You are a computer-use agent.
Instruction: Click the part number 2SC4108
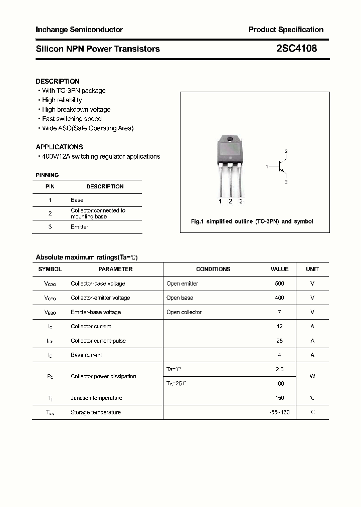point(296,49)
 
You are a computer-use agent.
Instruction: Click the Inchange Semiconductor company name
point(79,30)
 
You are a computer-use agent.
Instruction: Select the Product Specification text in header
point(286,30)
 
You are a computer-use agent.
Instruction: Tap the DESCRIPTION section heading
point(58,81)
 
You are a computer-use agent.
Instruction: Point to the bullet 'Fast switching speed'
point(72,119)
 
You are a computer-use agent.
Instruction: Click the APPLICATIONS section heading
point(59,147)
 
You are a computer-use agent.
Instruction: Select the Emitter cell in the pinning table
point(79,227)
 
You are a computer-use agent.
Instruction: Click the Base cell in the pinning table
point(77,200)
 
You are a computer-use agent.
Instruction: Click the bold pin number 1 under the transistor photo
point(220,201)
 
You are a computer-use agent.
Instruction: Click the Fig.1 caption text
point(252,221)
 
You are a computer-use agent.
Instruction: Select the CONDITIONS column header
point(213,269)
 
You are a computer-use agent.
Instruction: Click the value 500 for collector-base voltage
point(279,284)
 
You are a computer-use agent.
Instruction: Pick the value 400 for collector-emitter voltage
point(279,298)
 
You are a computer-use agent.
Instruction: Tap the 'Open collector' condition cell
point(184,312)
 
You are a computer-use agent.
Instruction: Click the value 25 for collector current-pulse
point(279,341)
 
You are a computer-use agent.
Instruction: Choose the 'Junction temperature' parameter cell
point(96,398)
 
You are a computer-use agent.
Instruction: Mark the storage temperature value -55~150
point(279,412)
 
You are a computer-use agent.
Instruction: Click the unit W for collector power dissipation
point(312,376)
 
